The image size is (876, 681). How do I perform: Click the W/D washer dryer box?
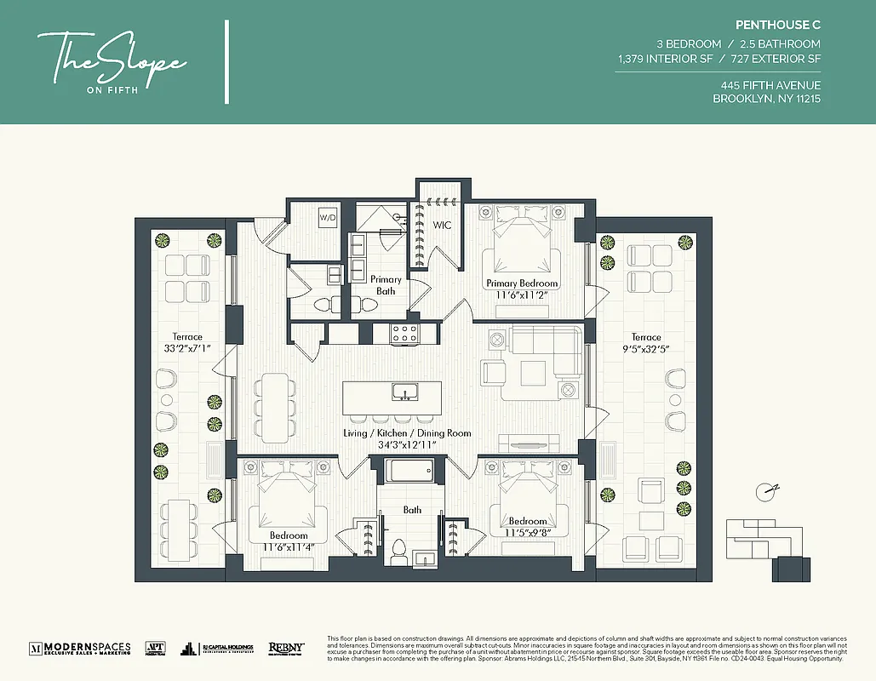[328, 217]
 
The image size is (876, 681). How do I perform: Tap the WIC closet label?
[442, 226]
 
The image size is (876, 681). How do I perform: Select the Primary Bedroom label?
[522, 283]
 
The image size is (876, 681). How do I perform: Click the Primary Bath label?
[386, 285]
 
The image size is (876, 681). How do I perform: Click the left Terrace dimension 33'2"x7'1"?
[186, 348]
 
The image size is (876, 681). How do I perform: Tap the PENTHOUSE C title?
[778, 26]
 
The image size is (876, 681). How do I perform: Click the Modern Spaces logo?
[80, 649]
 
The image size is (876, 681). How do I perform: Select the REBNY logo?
[287, 649]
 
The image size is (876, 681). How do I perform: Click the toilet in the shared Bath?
[398, 551]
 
